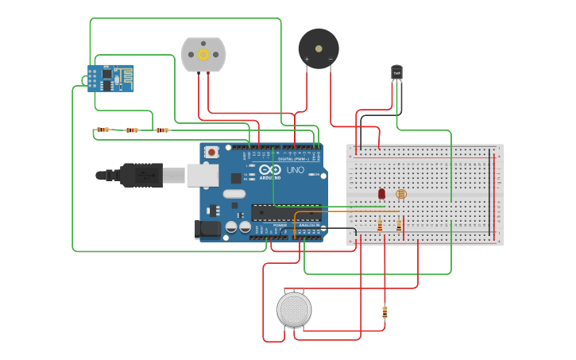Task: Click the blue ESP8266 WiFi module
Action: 110,78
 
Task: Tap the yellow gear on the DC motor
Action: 203,54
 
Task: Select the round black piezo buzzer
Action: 318,48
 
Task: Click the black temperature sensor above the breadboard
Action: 397,72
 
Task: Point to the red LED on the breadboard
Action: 381,193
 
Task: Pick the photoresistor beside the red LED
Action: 400,194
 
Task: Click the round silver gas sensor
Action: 294,309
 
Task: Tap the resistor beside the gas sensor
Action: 385,312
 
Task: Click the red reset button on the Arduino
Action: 211,152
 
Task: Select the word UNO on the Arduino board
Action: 295,169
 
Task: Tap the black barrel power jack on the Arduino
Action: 207,229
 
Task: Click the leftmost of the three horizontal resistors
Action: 102,130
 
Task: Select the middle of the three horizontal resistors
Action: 132,130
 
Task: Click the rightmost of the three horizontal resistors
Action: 162,130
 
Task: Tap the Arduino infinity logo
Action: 270,169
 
